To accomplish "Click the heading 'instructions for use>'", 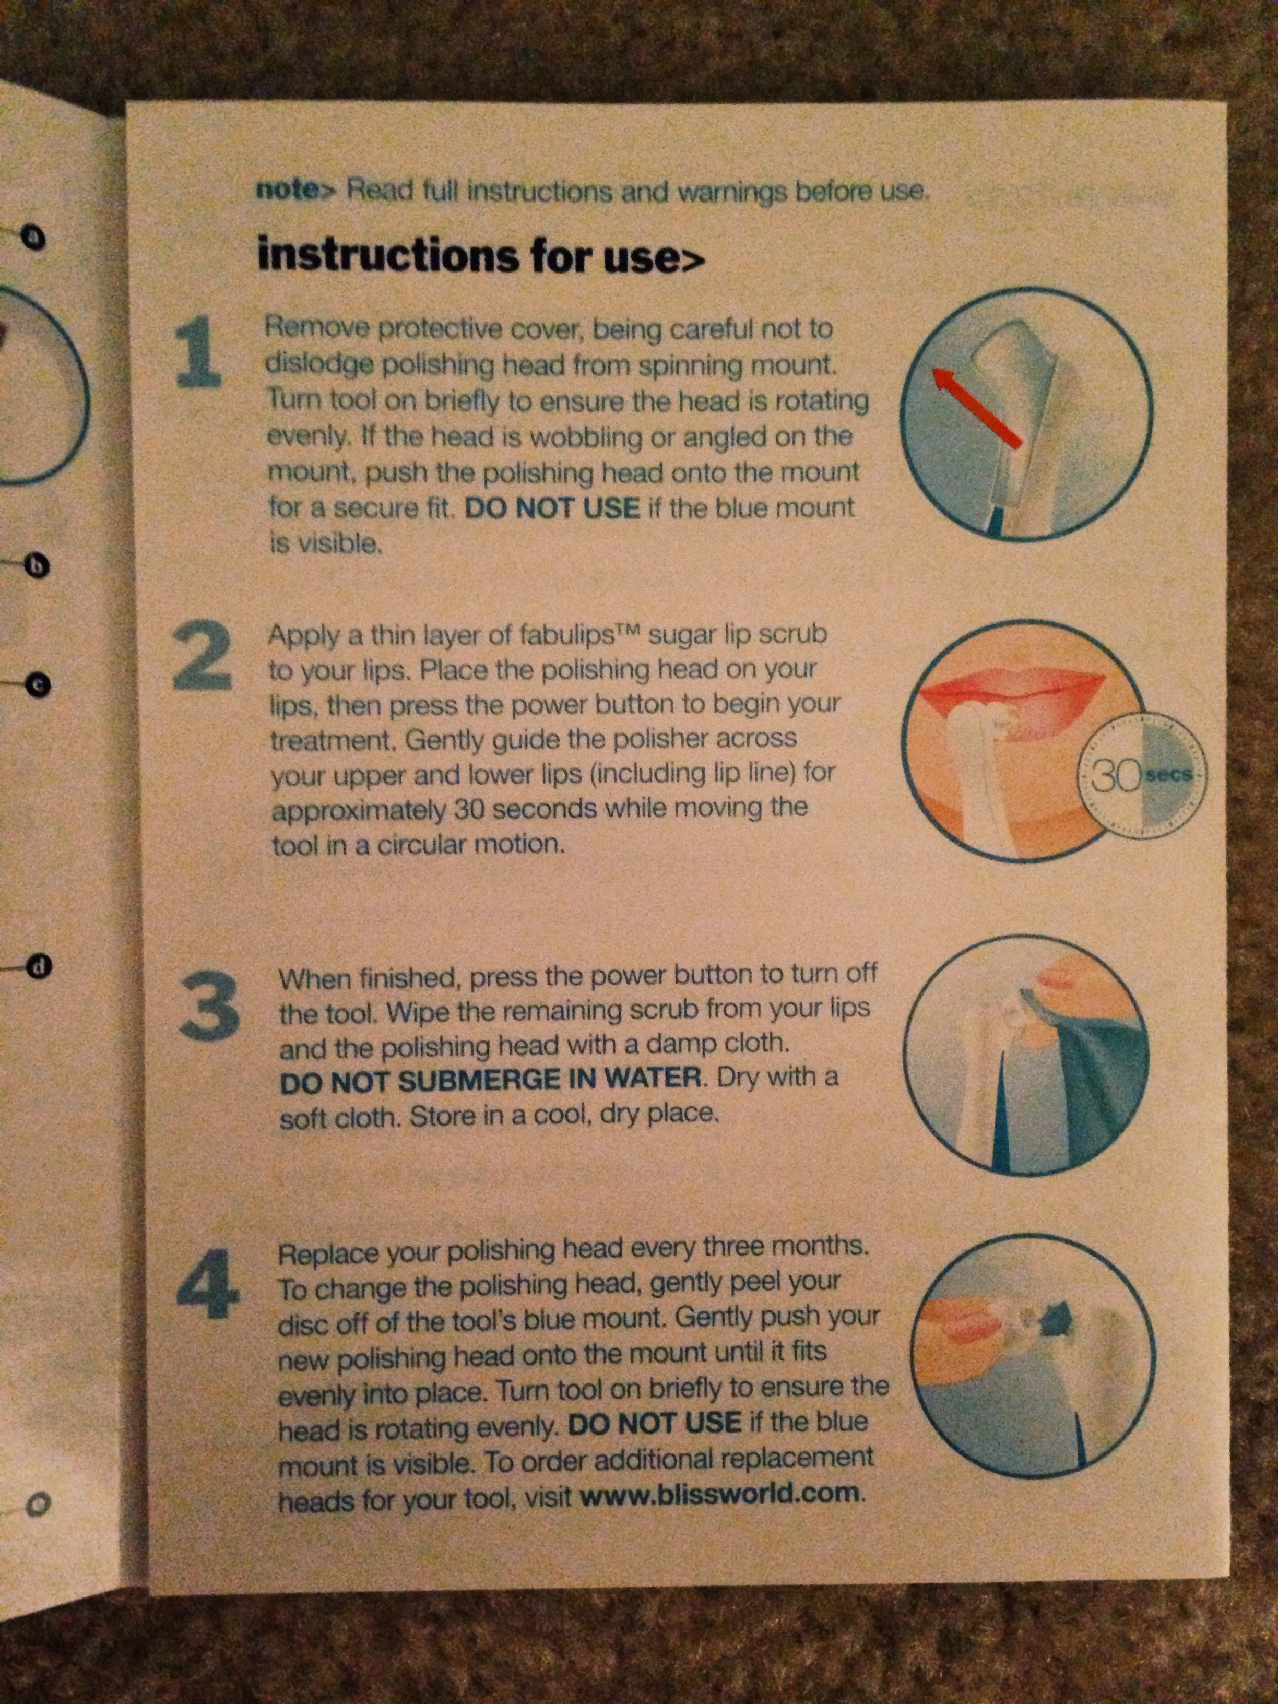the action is (481, 256).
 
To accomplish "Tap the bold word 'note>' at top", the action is (297, 189).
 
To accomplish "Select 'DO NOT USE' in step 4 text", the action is (654, 1423).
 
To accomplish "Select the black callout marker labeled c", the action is (37, 684).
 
